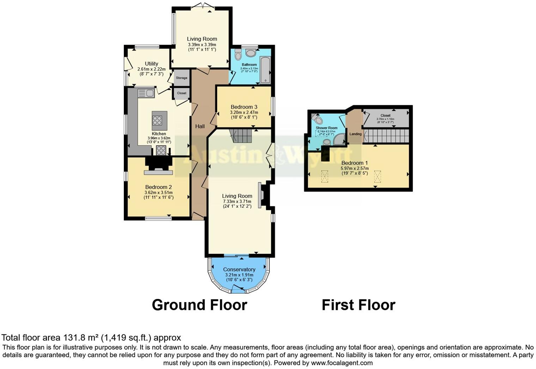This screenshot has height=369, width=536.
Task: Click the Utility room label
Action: [151, 64]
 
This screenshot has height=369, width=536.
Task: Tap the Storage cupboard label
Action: [182, 78]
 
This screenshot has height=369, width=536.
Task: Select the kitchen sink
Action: [146, 93]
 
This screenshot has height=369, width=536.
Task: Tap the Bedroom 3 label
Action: [244, 107]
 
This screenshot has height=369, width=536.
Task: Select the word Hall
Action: [200, 126]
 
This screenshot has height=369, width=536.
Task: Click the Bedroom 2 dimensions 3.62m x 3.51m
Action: [158, 193]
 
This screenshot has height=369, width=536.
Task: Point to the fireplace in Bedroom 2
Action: [158, 165]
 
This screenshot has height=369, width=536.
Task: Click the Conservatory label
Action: [239, 269]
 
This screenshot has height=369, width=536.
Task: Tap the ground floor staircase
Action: [242, 135]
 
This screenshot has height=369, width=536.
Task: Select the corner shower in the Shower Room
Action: [340, 139]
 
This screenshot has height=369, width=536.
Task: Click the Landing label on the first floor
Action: [355, 134]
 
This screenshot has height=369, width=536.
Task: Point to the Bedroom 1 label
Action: [354, 163]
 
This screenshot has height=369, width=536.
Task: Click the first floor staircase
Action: [386, 136]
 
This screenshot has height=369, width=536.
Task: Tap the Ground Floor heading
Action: [199, 305]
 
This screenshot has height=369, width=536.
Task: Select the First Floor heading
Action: [358, 305]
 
